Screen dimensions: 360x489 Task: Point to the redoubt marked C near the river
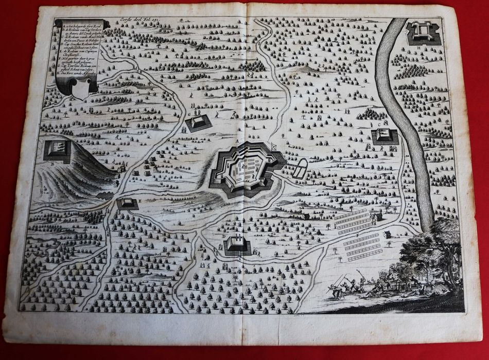click(385, 135)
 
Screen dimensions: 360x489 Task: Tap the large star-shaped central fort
click(246, 169)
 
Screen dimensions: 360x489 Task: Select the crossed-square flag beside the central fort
click(274, 146)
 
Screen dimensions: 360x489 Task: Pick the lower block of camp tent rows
click(363, 246)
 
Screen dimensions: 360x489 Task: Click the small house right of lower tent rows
click(387, 235)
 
